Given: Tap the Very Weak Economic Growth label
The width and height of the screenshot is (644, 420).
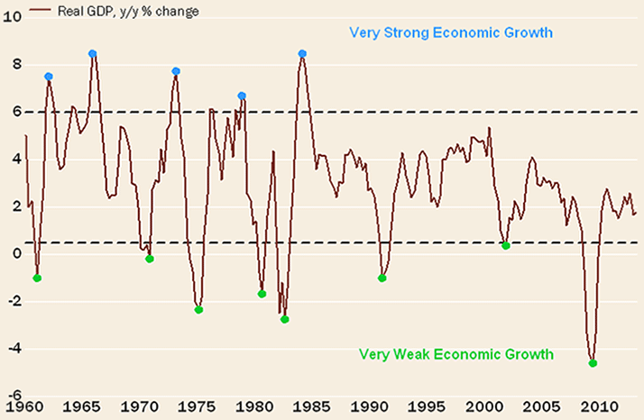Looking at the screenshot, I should point(456,354).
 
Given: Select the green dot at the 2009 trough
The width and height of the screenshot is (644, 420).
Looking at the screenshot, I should point(593,363).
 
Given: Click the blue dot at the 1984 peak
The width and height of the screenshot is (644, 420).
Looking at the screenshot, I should point(303,54).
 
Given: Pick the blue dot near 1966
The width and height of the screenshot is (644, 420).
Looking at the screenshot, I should point(93,54).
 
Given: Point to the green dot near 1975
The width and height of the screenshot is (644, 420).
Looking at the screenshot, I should point(198,310).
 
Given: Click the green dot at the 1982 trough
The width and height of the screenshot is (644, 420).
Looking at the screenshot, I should point(285,319).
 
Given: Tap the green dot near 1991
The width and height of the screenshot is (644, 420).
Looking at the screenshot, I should point(382,278).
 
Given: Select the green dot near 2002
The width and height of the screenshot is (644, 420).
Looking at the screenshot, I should point(506,245).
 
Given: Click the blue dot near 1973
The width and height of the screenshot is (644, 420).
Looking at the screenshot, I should point(177,71).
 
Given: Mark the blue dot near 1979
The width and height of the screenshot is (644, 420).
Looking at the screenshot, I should point(242,96).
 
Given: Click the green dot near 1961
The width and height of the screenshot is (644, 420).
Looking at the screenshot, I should point(37,278).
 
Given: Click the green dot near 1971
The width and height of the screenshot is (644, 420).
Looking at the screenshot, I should point(150,259).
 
